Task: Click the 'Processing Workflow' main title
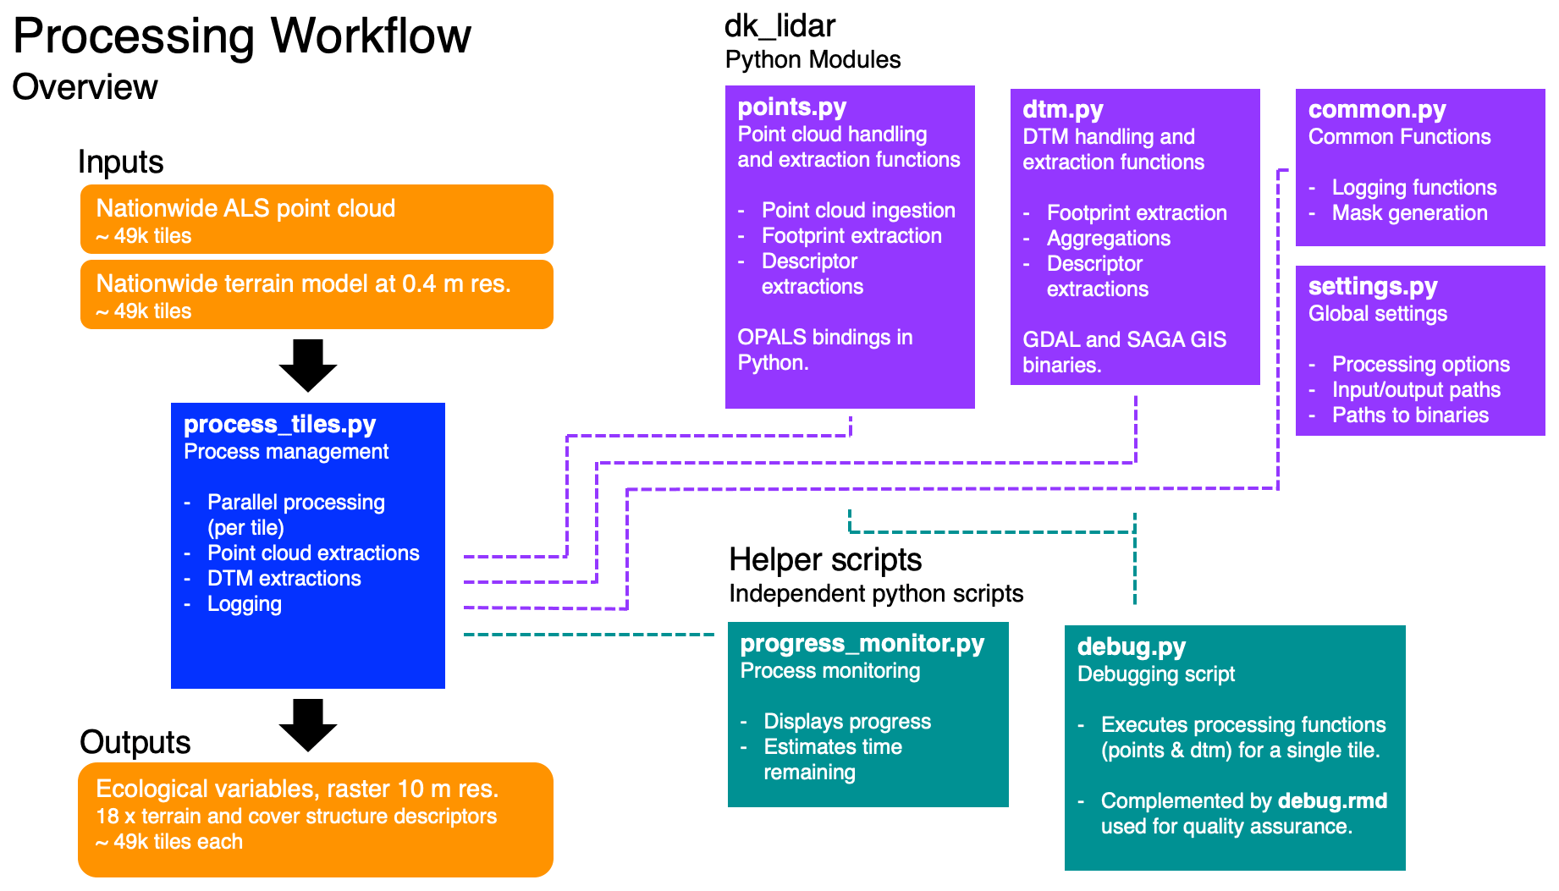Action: coord(242,36)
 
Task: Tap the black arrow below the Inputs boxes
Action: coord(308,365)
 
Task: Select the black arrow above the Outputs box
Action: coord(308,724)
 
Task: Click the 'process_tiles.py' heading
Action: coord(279,424)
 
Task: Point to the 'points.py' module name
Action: coord(791,107)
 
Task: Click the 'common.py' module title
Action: coord(1376,110)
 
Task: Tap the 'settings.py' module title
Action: coord(1372,287)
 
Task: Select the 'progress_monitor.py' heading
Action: coord(862,644)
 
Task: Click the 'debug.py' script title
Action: coord(1131,647)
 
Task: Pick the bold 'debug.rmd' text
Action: coord(1332,800)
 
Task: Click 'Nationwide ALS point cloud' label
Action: coord(245,208)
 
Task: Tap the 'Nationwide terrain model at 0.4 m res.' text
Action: coord(303,283)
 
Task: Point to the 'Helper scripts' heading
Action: coord(825,560)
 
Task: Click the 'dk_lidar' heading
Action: coord(779,26)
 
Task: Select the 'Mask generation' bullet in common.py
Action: coord(1409,213)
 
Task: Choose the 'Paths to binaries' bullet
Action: coord(1410,415)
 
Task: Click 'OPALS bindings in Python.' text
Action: coord(824,349)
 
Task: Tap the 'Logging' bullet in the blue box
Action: coord(244,604)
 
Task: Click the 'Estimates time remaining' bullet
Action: coord(832,759)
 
